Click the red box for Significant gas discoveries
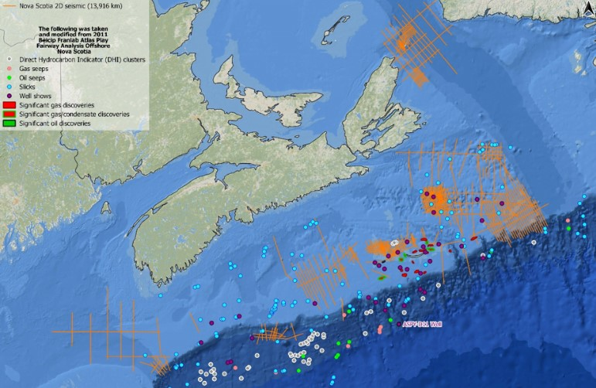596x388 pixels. (9, 105)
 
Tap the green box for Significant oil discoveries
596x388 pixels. (9, 123)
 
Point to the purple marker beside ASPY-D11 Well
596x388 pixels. (398, 324)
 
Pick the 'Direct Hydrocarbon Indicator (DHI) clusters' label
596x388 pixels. (77, 60)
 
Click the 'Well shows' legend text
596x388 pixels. (35, 97)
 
